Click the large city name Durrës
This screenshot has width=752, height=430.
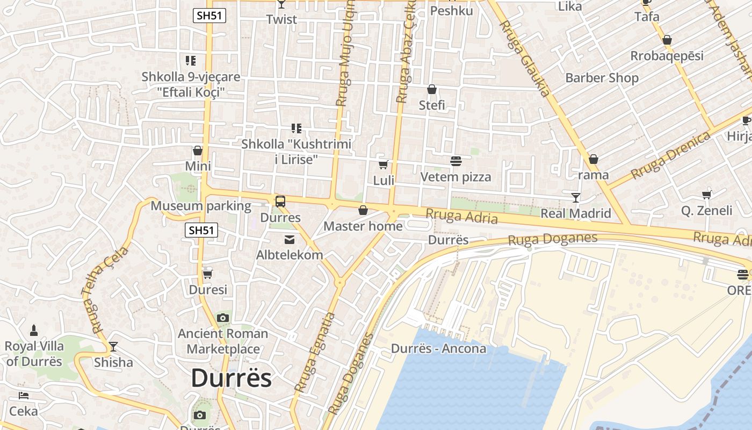(x=231, y=378)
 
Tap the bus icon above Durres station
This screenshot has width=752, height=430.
(x=280, y=202)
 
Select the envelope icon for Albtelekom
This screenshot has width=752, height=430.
(x=290, y=239)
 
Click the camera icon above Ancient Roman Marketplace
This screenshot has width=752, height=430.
(x=223, y=318)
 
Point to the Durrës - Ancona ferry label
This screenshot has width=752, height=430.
(x=438, y=348)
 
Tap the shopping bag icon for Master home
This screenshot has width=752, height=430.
(x=363, y=210)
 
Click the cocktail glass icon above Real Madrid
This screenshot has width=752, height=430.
(x=576, y=197)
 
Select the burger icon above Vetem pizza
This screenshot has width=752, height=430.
(x=456, y=161)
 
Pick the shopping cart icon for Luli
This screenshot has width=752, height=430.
(x=384, y=164)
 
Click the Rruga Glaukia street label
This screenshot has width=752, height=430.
(x=525, y=59)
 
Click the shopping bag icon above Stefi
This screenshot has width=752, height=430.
(x=432, y=89)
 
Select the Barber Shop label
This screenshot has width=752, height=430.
(x=602, y=78)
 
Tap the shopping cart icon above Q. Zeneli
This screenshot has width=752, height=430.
(x=707, y=195)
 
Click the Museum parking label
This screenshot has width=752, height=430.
(x=200, y=206)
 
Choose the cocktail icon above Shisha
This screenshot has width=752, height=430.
(x=113, y=346)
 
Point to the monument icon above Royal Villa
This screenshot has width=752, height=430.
(x=34, y=330)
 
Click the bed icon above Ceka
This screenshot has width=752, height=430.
(x=24, y=396)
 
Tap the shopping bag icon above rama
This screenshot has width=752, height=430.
(x=594, y=159)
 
